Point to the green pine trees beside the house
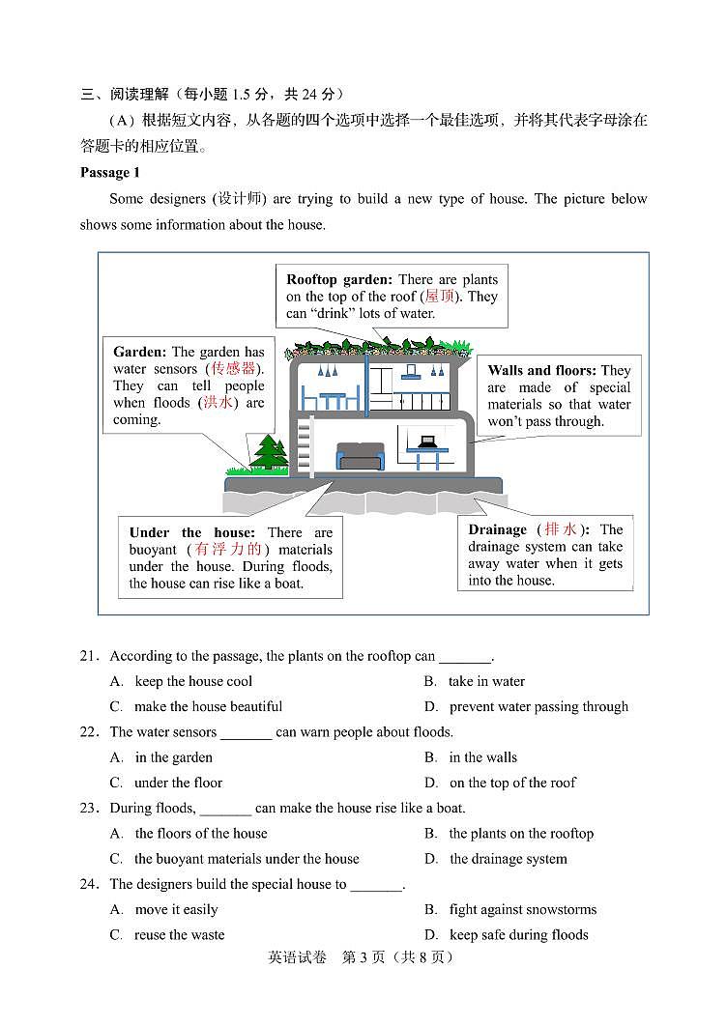(x=270, y=451)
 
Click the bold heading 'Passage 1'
(x=109, y=172)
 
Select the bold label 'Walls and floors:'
(x=541, y=370)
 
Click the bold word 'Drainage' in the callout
(x=497, y=529)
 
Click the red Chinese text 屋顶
(x=440, y=297)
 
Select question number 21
(x=90, y=656)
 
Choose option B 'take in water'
(x=486, y=681)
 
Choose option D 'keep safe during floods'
(x=518, y=934)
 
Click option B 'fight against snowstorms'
(x=522, y=909)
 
